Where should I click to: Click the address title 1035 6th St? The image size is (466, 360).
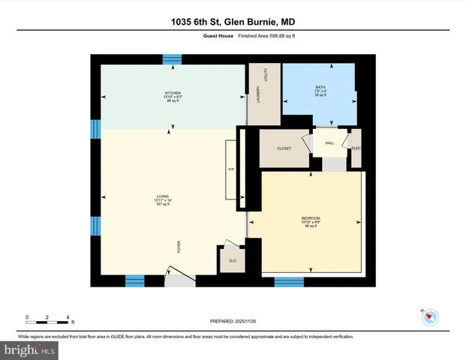tap(233, 22)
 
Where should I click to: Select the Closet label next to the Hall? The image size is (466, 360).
tap(284, 148)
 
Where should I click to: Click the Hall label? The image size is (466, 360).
tap(329, 143)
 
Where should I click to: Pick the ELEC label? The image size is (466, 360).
tap(356, 148)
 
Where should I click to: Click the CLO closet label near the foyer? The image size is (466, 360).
tap(232, 260)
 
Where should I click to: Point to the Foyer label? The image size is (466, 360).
tap(179, 247)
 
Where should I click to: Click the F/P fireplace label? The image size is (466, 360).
tap(231, 169)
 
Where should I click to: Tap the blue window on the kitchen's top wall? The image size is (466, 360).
tap(173, 58)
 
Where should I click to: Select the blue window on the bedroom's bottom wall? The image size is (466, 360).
tap(289, 282)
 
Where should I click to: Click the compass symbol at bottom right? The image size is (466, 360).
tap(428, 316)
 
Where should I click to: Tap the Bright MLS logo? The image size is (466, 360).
tap(30, 350)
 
